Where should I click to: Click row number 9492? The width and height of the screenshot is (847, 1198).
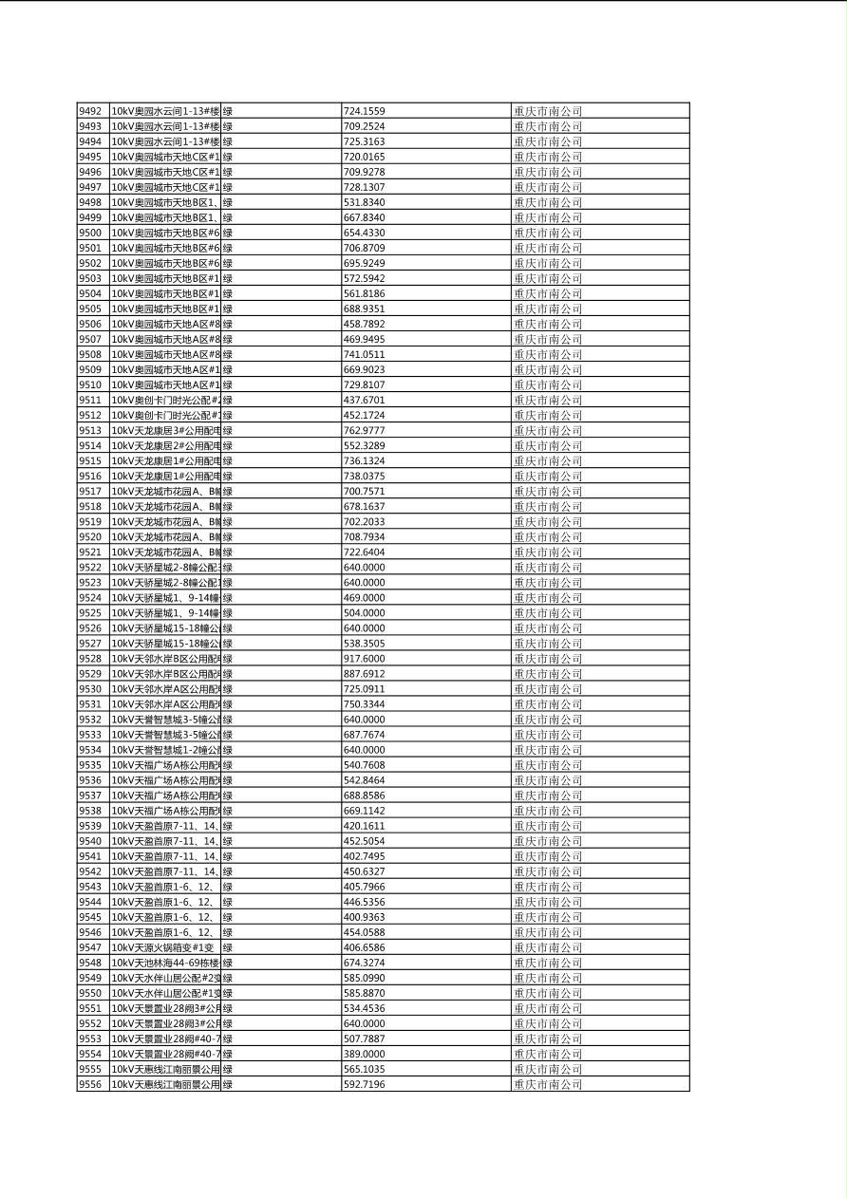[90, 111]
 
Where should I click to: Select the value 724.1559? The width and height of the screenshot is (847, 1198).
[364, 111]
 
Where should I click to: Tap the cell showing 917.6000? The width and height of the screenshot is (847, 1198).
[364, 659]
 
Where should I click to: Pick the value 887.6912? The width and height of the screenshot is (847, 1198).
[364, 674]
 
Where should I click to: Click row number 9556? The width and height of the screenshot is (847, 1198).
[90, 1084]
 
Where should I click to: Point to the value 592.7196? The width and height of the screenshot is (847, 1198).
[364, 1084]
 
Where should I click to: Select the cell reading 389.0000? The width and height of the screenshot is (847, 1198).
[364, 1054]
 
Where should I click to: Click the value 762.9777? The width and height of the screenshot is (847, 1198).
[364, 430]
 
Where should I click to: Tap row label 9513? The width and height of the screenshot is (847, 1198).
[90, 430]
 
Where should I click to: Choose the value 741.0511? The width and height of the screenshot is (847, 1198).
[364, 354]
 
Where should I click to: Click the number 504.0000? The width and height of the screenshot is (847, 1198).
[364, 613]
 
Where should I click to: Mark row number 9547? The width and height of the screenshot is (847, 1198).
[90, 947]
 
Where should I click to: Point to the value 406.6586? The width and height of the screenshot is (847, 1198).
[364, 947]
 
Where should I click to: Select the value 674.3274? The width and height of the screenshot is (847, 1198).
[364, 963]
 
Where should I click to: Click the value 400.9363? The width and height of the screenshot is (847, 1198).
[364, 917]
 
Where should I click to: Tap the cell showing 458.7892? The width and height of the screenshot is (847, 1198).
[364, 324]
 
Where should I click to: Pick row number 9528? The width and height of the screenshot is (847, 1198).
[90, 659]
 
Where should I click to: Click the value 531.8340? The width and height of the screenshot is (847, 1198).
[364, 202]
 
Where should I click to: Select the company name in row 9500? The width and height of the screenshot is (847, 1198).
[548, 233]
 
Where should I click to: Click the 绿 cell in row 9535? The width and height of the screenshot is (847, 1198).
[228, 765]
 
